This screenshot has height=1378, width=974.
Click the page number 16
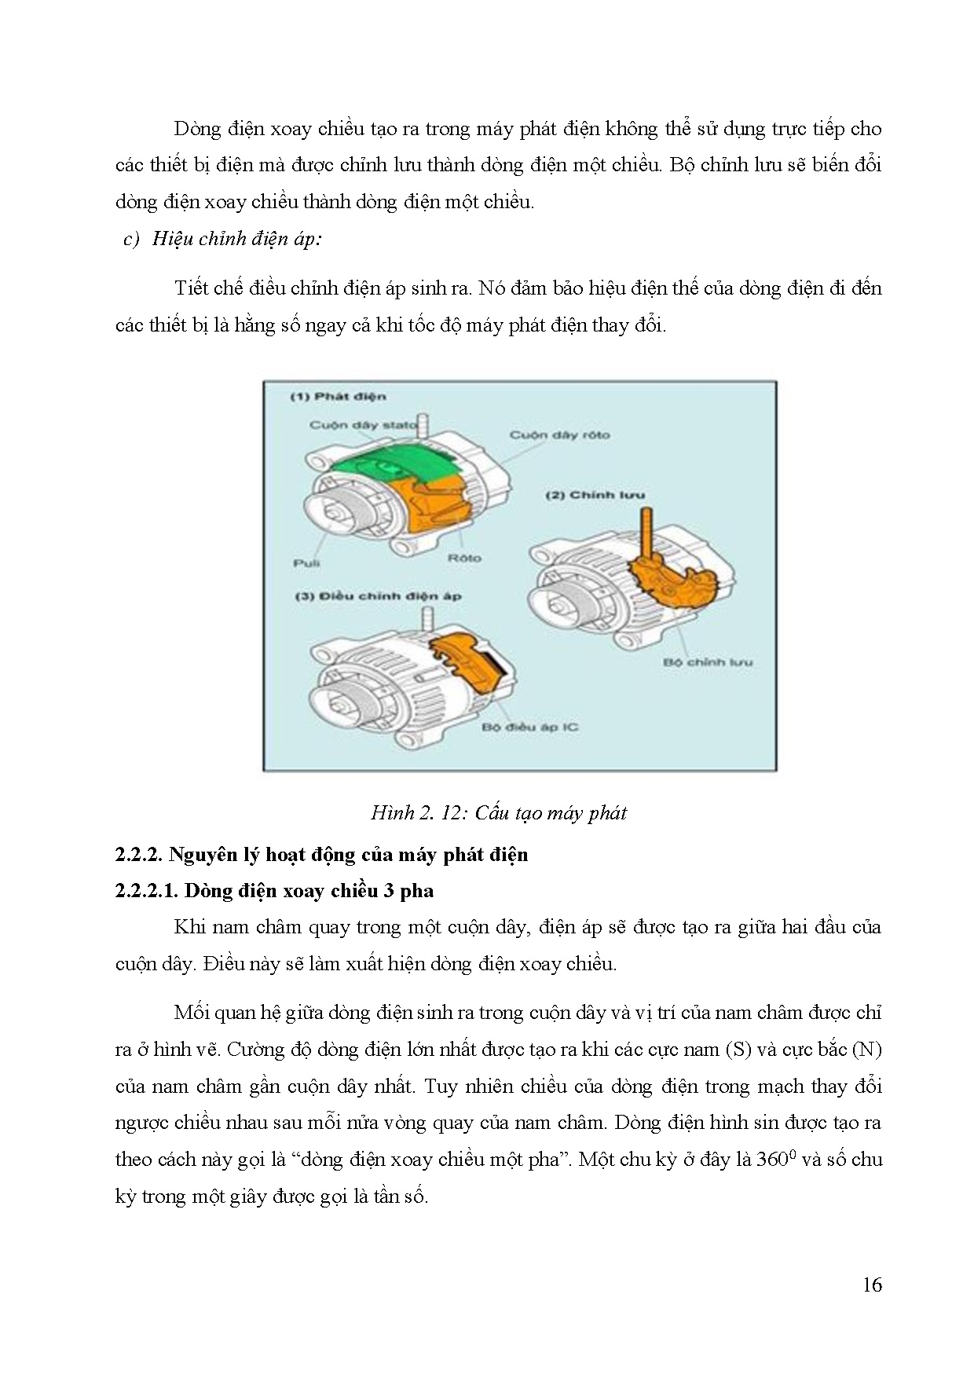[873, 1285]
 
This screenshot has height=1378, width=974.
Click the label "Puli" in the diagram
[306, 563]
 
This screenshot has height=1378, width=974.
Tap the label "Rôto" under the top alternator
[464, 558]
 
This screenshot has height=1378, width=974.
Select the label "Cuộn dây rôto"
[559, 434]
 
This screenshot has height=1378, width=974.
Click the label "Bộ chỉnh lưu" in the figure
[708, 662]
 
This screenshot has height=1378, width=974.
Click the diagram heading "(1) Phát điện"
[339, 397]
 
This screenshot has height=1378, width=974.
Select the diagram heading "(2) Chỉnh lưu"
[595, 495]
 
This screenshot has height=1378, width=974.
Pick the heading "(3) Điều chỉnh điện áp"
[379, 596]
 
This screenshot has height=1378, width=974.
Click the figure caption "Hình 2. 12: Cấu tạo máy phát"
[499, 812]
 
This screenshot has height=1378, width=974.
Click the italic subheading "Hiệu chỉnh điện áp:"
[236, 239]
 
